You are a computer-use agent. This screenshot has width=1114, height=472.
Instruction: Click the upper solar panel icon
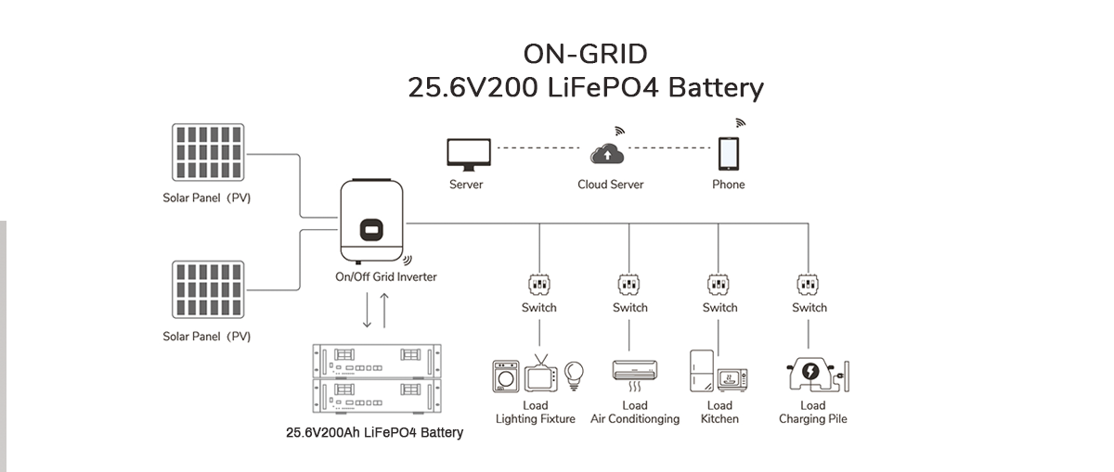tap(209, 151)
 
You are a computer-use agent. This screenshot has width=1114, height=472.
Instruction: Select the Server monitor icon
tap(466, 154)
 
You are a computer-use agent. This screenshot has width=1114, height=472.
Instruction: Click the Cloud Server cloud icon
tap(610, 154)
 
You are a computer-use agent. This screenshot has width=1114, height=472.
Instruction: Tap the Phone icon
tap(729, 153)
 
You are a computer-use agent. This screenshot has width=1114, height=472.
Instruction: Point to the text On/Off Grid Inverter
tap(385, 276)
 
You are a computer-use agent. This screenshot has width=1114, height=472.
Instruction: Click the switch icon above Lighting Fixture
tap(538, 284)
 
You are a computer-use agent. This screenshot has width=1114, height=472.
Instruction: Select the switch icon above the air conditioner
tap(629, 284)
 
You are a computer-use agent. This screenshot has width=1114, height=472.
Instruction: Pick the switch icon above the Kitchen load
tap(719, 284)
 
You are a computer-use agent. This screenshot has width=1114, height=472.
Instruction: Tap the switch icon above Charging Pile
tap(809, 284)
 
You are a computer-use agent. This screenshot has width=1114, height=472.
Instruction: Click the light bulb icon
tap(574, 374)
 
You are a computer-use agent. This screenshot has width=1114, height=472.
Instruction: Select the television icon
tap(540, 376)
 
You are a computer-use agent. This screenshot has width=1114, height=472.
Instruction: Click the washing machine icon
tap(506, 376)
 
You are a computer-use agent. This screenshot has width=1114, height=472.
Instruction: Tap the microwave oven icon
tap(732, 379)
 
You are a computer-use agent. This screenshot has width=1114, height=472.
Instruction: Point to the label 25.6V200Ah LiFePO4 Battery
tap(374, 432)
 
